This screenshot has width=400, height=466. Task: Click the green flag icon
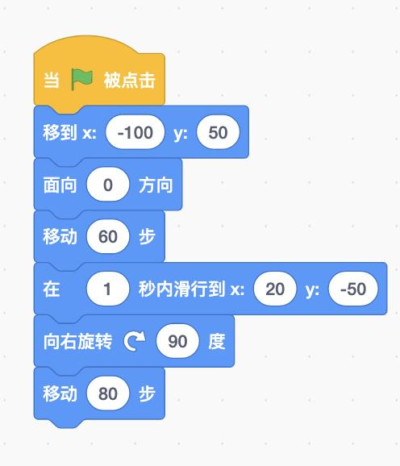81,79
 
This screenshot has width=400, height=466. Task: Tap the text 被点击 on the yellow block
129,80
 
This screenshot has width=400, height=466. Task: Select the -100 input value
135,132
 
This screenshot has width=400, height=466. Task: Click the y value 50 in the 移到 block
218,132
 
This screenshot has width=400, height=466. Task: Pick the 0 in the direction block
108,185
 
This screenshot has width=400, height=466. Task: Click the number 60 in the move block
108,236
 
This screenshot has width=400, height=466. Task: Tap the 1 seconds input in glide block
108,289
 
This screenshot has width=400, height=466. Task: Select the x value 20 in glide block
275,289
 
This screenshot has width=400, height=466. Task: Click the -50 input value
353,289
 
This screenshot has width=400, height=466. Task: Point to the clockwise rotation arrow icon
135,341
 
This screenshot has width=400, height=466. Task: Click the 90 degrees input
177,341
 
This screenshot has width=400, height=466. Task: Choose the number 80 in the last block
108,393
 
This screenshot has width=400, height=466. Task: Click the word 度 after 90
217,341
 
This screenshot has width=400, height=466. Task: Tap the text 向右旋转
77,341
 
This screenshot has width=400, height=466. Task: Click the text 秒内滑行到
181,289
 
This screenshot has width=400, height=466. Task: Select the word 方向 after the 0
156,185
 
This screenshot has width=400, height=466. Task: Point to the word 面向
60,185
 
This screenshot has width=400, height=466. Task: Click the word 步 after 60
147,237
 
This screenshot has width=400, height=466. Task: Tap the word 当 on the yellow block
52,80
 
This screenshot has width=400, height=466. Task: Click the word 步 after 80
147,393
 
